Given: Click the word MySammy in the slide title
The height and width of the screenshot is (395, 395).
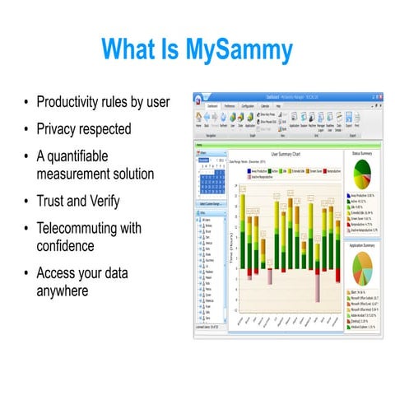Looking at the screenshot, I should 244,48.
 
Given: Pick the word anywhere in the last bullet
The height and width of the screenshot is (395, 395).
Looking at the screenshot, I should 64,289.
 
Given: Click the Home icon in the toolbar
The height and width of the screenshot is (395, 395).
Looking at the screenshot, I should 198,118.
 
